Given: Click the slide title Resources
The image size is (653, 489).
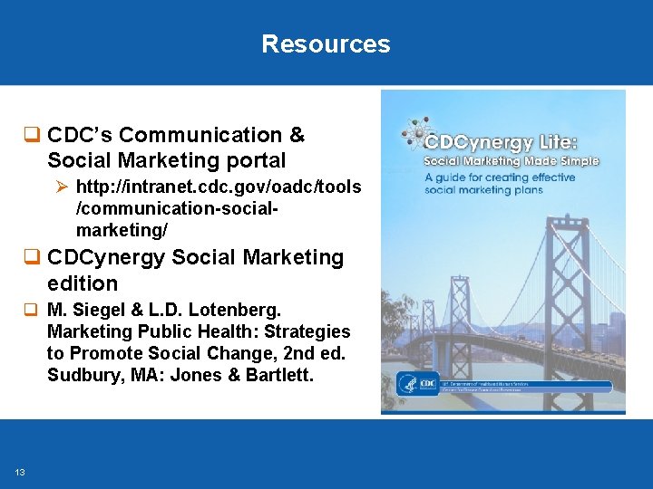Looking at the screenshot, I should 326,43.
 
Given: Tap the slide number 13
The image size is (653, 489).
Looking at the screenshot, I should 20,472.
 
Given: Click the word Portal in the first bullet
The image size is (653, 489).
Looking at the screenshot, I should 258,161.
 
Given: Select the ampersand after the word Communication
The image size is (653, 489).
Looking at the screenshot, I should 297,136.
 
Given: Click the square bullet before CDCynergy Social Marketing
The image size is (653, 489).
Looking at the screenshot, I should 35,258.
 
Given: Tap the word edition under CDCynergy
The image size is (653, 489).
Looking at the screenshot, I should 83,283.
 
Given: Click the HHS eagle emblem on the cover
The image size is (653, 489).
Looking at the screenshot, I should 406,384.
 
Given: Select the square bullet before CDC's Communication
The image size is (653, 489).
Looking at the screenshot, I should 35,136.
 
